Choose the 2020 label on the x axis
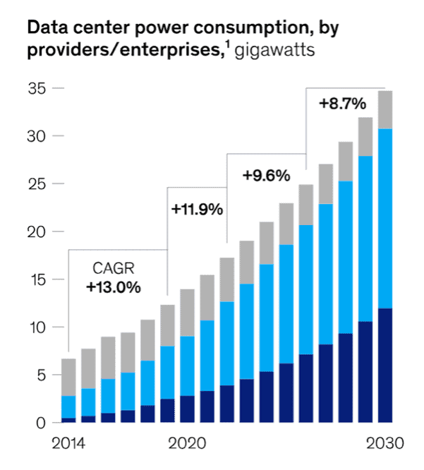tap(188, 445)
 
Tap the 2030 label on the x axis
tap(384, 445)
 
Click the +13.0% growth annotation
tap(114, 287)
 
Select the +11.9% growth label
tap(197, 209)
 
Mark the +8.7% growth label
tap(342, 104)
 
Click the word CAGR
tap(113, 269)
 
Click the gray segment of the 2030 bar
tap(384, 109)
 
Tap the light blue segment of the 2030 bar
tap(384, 219)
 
